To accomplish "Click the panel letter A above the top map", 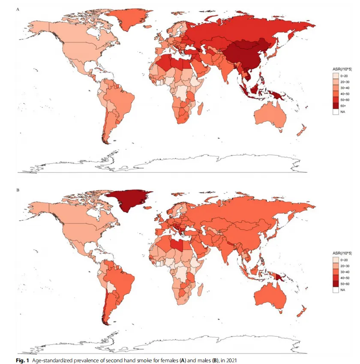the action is click(x=18, y=9).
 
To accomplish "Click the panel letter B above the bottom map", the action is click(x=18, y=190).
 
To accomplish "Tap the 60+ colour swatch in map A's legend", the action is click(x=336, y=106).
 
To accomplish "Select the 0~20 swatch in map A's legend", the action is click(x=336, y=76).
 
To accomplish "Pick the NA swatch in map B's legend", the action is click(x=336, y=290).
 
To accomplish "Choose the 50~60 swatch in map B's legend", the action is click(x=336, y=284).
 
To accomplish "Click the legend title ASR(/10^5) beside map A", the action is click(x=342, y=69).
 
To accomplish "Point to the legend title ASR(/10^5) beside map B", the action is click(x=342, y=253).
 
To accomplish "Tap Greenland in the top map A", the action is click(x=127, y=18).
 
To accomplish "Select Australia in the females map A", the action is click(x=270, y=115).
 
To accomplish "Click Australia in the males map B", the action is click(x=270, y=296).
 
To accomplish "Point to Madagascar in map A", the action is click(x=201, y=109).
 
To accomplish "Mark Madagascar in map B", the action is click(x=201, y=290).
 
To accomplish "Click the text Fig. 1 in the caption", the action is click(x=22, y=360).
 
